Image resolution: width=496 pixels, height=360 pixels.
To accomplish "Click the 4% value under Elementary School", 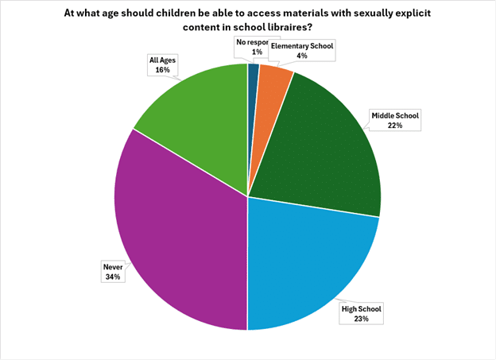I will pos(301,56).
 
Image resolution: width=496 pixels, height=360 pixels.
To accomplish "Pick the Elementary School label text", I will pos(301,46).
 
